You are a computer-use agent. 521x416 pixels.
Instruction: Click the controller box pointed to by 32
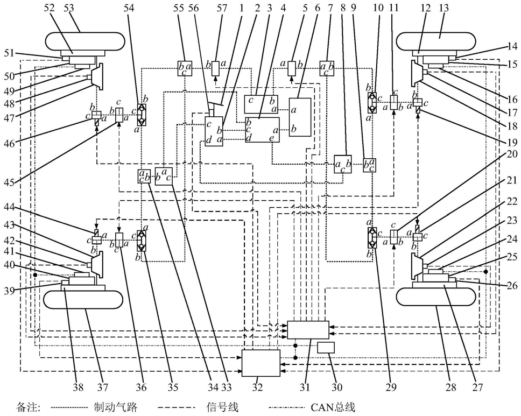pyautogui.click(x=261, y=363)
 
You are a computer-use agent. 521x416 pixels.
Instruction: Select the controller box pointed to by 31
pyautogui.click(x=308, y=329)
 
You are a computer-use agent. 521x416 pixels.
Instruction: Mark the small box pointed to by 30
pyautogui.click(x=326, y=348)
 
